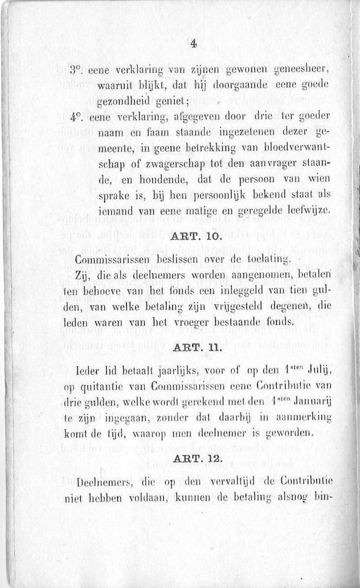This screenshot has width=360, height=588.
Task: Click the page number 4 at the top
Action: [194, 43]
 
